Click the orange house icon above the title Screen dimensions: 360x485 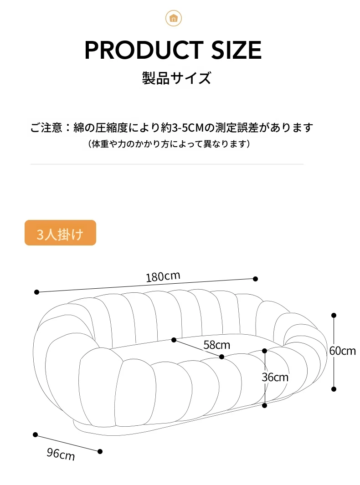click(173, 18)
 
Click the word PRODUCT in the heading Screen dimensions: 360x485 click(144, 50)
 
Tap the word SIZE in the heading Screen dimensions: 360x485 click(237, 50)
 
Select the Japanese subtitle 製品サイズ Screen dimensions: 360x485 click(176, 78)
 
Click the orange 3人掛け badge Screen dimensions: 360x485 click(60, 233)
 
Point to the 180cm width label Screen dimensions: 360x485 click(163, 276)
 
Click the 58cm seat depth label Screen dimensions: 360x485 click(216, 345)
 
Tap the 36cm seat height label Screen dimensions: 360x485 click(275, 377)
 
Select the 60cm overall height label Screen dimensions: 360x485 click(342, 351)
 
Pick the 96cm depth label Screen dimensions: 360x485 click(61, 454)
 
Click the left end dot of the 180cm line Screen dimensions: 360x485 click(36, 292)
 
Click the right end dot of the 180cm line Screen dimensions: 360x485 click(255, 279)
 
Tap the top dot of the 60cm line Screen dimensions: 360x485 click(334, 315)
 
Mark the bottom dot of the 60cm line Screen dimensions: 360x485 click(334, 389)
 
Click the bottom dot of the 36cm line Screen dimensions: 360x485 click(264, 405)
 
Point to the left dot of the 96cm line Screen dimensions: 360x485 click(35, 434)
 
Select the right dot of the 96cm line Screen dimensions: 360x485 click(100, 452)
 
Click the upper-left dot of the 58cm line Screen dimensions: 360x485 click(174, 340)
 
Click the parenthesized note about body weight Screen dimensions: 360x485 click(169, 144)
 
